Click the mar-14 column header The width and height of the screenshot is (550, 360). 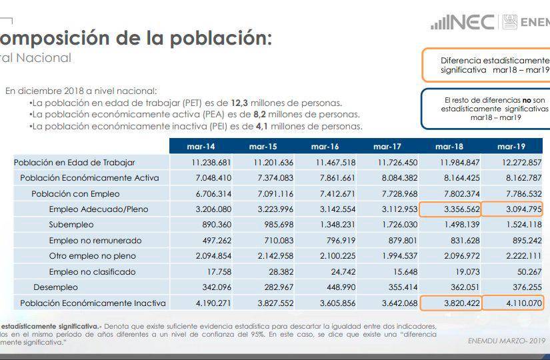click(x=201, y=146)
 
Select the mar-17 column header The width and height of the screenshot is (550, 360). click(x=387, y=146)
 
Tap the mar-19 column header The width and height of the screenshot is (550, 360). click(x=511, y=146)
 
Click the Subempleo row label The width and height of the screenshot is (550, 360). click(x=71, y=225)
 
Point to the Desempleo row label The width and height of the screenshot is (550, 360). click(x=55, y=287)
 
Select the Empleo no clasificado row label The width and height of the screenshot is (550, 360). click(x=92, y=272)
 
